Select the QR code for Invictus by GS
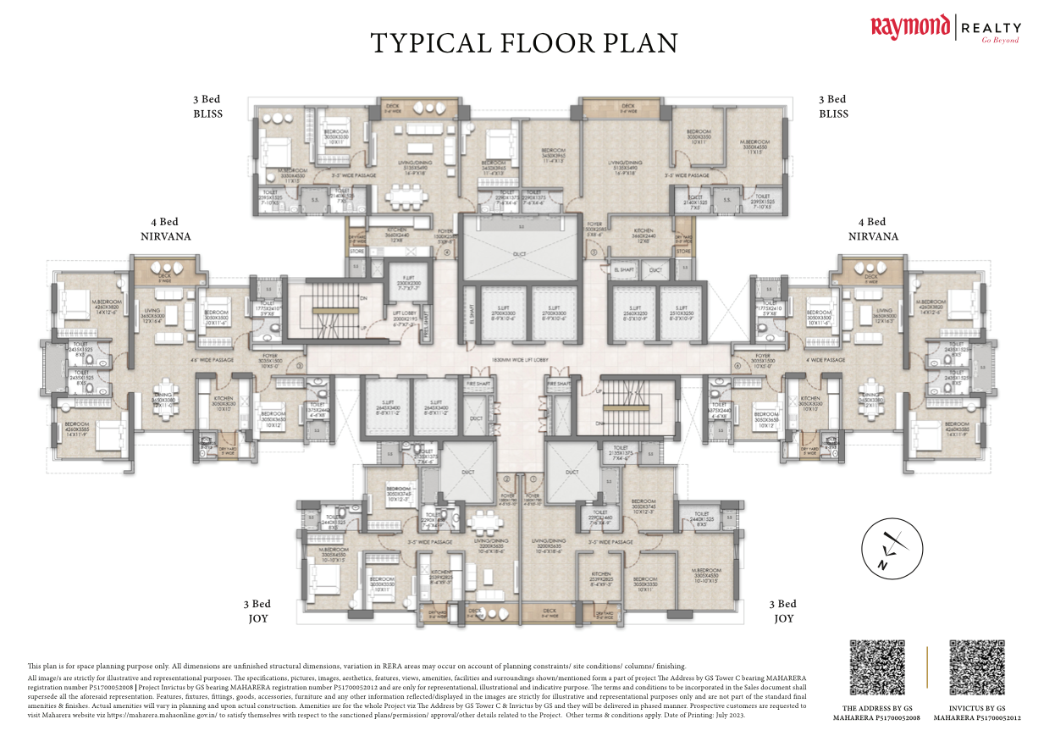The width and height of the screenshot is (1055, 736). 976,668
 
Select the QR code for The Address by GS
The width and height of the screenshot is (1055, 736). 876,668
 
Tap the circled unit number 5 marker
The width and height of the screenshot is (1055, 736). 594,252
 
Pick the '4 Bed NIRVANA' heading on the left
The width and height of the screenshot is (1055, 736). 165,229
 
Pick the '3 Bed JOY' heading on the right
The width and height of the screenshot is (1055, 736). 782,611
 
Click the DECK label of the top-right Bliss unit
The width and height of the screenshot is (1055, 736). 627,108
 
